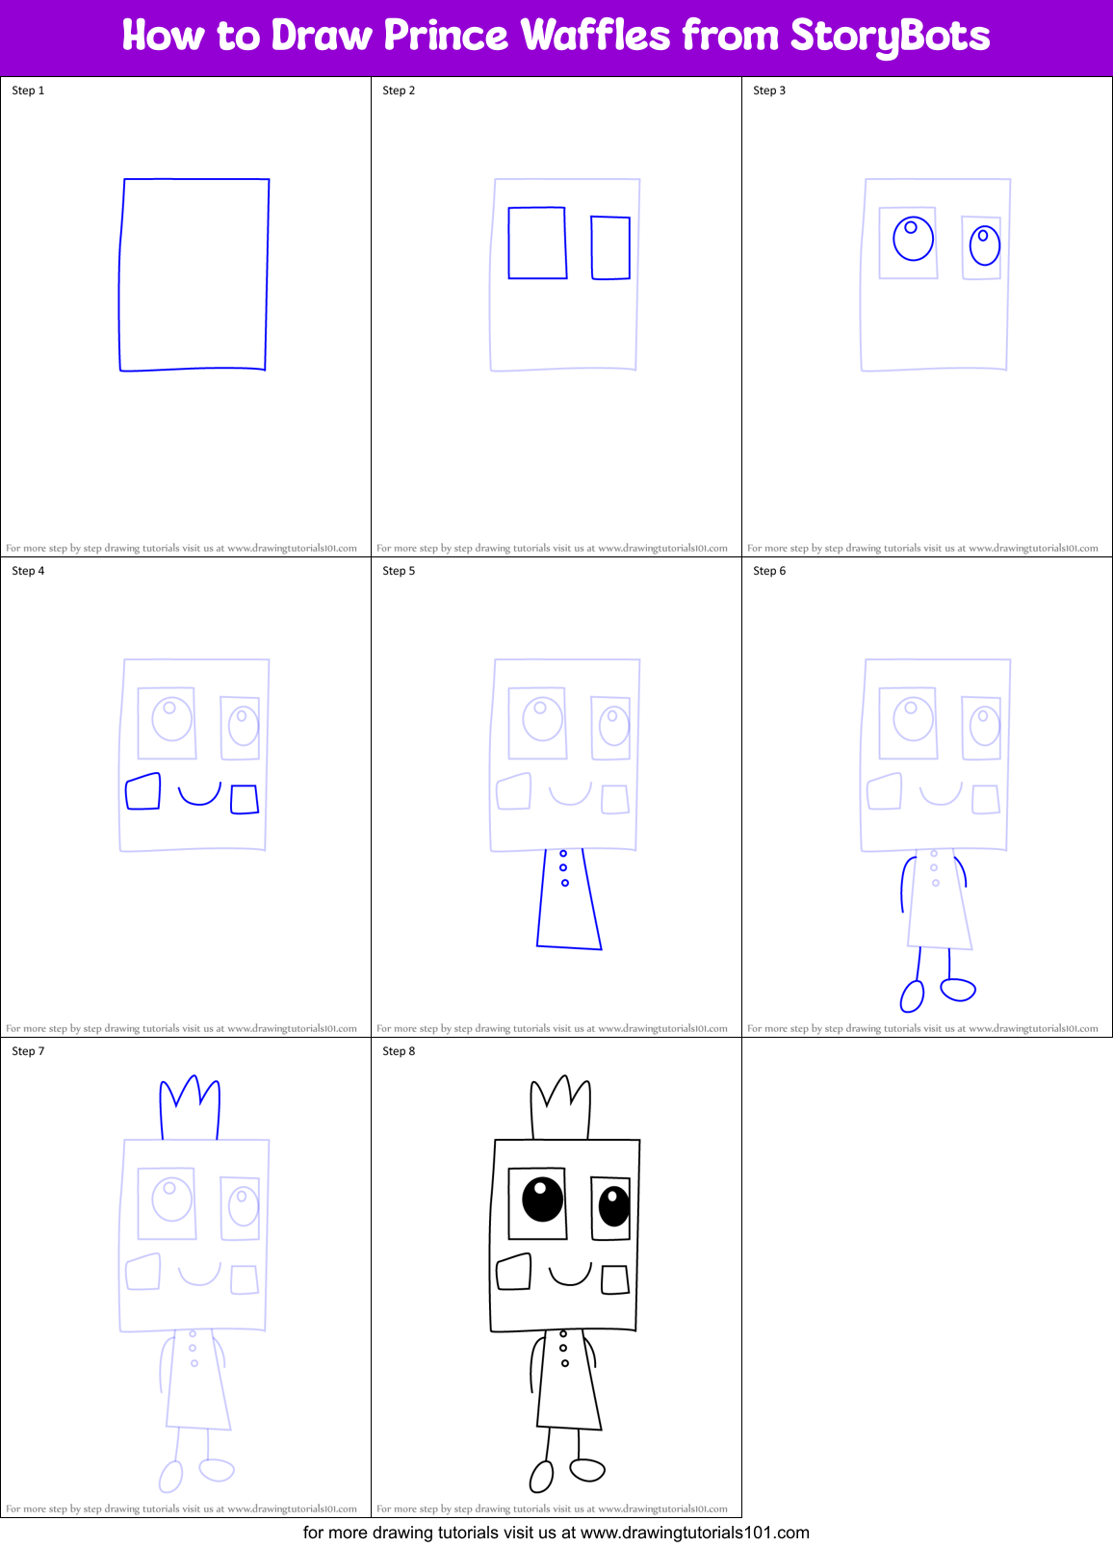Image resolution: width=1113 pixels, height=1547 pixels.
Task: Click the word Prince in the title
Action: click(446, 37)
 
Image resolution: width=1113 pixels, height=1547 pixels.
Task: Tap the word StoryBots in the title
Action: click(890, 37)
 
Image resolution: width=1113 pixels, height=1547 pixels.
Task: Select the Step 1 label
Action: click(28, 90)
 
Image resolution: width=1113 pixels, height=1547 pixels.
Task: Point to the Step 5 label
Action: click(399, 571)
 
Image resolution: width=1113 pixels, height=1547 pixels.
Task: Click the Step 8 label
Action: click(399, 1051)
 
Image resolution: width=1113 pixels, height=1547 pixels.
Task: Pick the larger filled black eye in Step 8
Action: click(542, 1199)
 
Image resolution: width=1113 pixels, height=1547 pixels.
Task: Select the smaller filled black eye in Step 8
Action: click(613, 1207)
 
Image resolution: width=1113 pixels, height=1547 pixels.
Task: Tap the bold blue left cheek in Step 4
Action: click(142, 792)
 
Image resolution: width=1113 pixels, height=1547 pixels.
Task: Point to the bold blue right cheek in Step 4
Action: click(245, 799)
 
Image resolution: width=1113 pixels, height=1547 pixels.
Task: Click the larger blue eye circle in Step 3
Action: click(913, 239)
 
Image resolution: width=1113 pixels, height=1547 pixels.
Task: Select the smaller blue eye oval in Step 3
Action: click(984, 245)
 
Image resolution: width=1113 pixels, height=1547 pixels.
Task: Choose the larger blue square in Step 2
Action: click(537, 243)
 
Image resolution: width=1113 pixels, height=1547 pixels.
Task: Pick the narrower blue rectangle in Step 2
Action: click(610, 248)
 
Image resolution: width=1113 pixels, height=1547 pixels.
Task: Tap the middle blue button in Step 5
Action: click(563, 867)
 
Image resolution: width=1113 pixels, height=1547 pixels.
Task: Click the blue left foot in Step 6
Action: click(912, 995)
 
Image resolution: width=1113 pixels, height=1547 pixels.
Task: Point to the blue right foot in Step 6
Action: click(958, 989)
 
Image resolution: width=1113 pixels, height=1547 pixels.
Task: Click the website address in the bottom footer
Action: click(694, 1533)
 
